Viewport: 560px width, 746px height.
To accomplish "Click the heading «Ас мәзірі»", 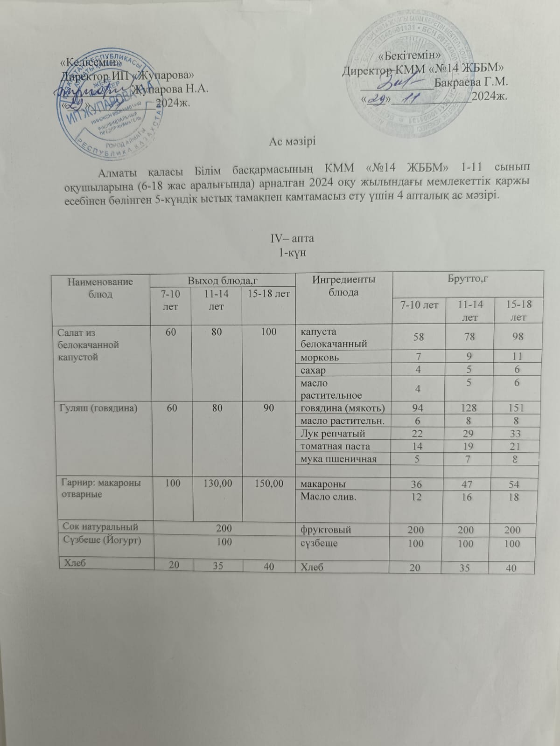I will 292,141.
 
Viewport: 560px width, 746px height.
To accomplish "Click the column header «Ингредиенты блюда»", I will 343,285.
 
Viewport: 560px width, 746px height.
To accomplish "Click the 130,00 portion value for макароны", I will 217,484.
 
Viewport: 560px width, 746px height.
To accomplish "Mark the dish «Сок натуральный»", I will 101,527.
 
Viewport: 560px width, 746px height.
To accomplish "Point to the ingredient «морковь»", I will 320,358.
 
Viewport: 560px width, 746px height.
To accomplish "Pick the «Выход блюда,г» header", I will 223,281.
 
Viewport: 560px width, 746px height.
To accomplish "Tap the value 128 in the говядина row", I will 469,408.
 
